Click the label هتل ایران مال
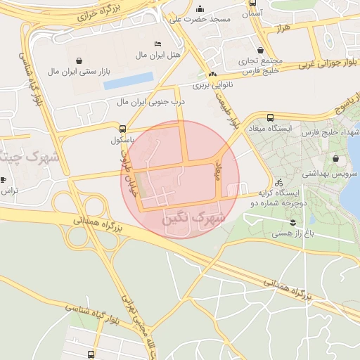[162, 54]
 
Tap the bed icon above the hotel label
[157, 44]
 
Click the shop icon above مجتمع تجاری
[262, 51]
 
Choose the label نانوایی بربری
[213, 85]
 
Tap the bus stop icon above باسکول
[123, 129]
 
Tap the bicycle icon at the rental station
[279, 181]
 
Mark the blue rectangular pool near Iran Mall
[128, 81]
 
